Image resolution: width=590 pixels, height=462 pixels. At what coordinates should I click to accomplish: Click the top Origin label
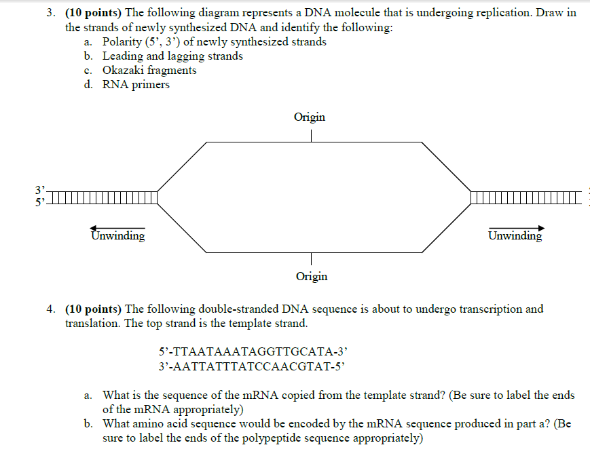click(x=310, y=117)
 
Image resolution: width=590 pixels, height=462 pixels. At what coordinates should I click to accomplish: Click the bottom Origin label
click(x=312, y=276)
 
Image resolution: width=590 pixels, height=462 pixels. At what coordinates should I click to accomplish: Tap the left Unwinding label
click(x=118, y=236)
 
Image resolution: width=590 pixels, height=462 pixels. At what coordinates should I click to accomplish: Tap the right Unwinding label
click(x=515, y=236)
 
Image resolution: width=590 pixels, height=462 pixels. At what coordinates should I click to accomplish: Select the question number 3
click(x=50, y=14)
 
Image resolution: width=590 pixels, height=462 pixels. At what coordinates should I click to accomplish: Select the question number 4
click(x=50, y=309)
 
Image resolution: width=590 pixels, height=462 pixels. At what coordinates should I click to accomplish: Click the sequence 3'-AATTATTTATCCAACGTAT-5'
click(x=253, y=366)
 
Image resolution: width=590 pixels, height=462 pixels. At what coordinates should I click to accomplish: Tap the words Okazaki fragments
click(x=149, y=71)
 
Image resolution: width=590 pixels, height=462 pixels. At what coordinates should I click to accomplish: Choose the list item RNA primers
click(x=136, y=85)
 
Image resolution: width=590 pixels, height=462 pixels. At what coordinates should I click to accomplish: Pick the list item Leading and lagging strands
click(x=172, y=56)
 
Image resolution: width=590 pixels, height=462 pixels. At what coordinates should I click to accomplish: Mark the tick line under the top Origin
click(x=311, y=136)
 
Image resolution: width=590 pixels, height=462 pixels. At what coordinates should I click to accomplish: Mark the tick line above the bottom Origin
click(x=311, y=258)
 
